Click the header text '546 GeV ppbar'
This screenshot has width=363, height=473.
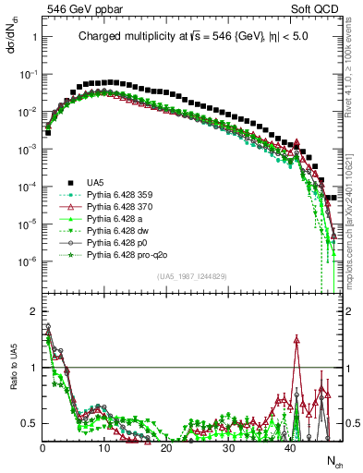(x=75, y=9)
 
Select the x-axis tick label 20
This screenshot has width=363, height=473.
(x=166, y=447)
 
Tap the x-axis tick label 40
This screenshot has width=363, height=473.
(x=291, y=447)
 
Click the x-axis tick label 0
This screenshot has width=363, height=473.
(x=42, y=447)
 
